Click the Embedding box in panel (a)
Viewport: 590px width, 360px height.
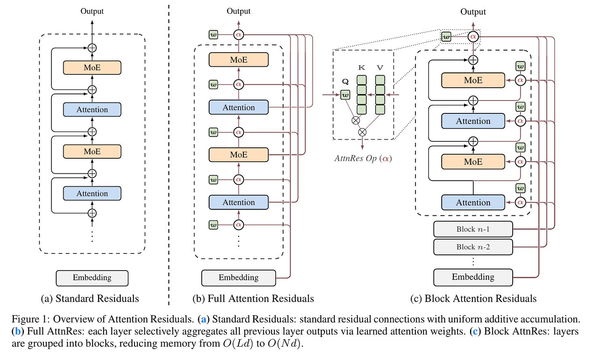tap(92, 278)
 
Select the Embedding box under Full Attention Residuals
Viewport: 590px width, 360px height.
tap(239, 278)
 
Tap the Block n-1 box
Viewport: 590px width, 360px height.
tap(473, 229)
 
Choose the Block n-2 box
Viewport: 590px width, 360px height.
tap(473, 247)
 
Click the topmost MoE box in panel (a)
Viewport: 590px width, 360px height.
tap(92, 68)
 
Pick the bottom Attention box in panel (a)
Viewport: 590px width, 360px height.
tap(92, 194)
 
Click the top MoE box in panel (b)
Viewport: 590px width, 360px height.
tap(239, 60)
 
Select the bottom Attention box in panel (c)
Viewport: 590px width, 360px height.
tap(473, 202)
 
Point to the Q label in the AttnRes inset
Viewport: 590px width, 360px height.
tap(345, 82)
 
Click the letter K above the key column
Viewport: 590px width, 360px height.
tap(361, 68)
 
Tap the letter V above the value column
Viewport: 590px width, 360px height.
tap(380, 68)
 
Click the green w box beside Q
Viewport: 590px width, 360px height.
tap(345, 95)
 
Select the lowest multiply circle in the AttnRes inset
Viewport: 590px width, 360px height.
tap(362, 132)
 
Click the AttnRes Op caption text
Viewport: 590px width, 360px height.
tap(363, 158)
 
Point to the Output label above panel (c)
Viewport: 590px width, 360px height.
tap(473, 12)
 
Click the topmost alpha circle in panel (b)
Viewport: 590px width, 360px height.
tap(239, 34)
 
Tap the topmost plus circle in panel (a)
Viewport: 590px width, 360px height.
tap(92, 48)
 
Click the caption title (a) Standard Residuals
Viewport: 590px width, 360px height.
tap(90, 299)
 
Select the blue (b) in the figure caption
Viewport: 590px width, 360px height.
tap(18, 331)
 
